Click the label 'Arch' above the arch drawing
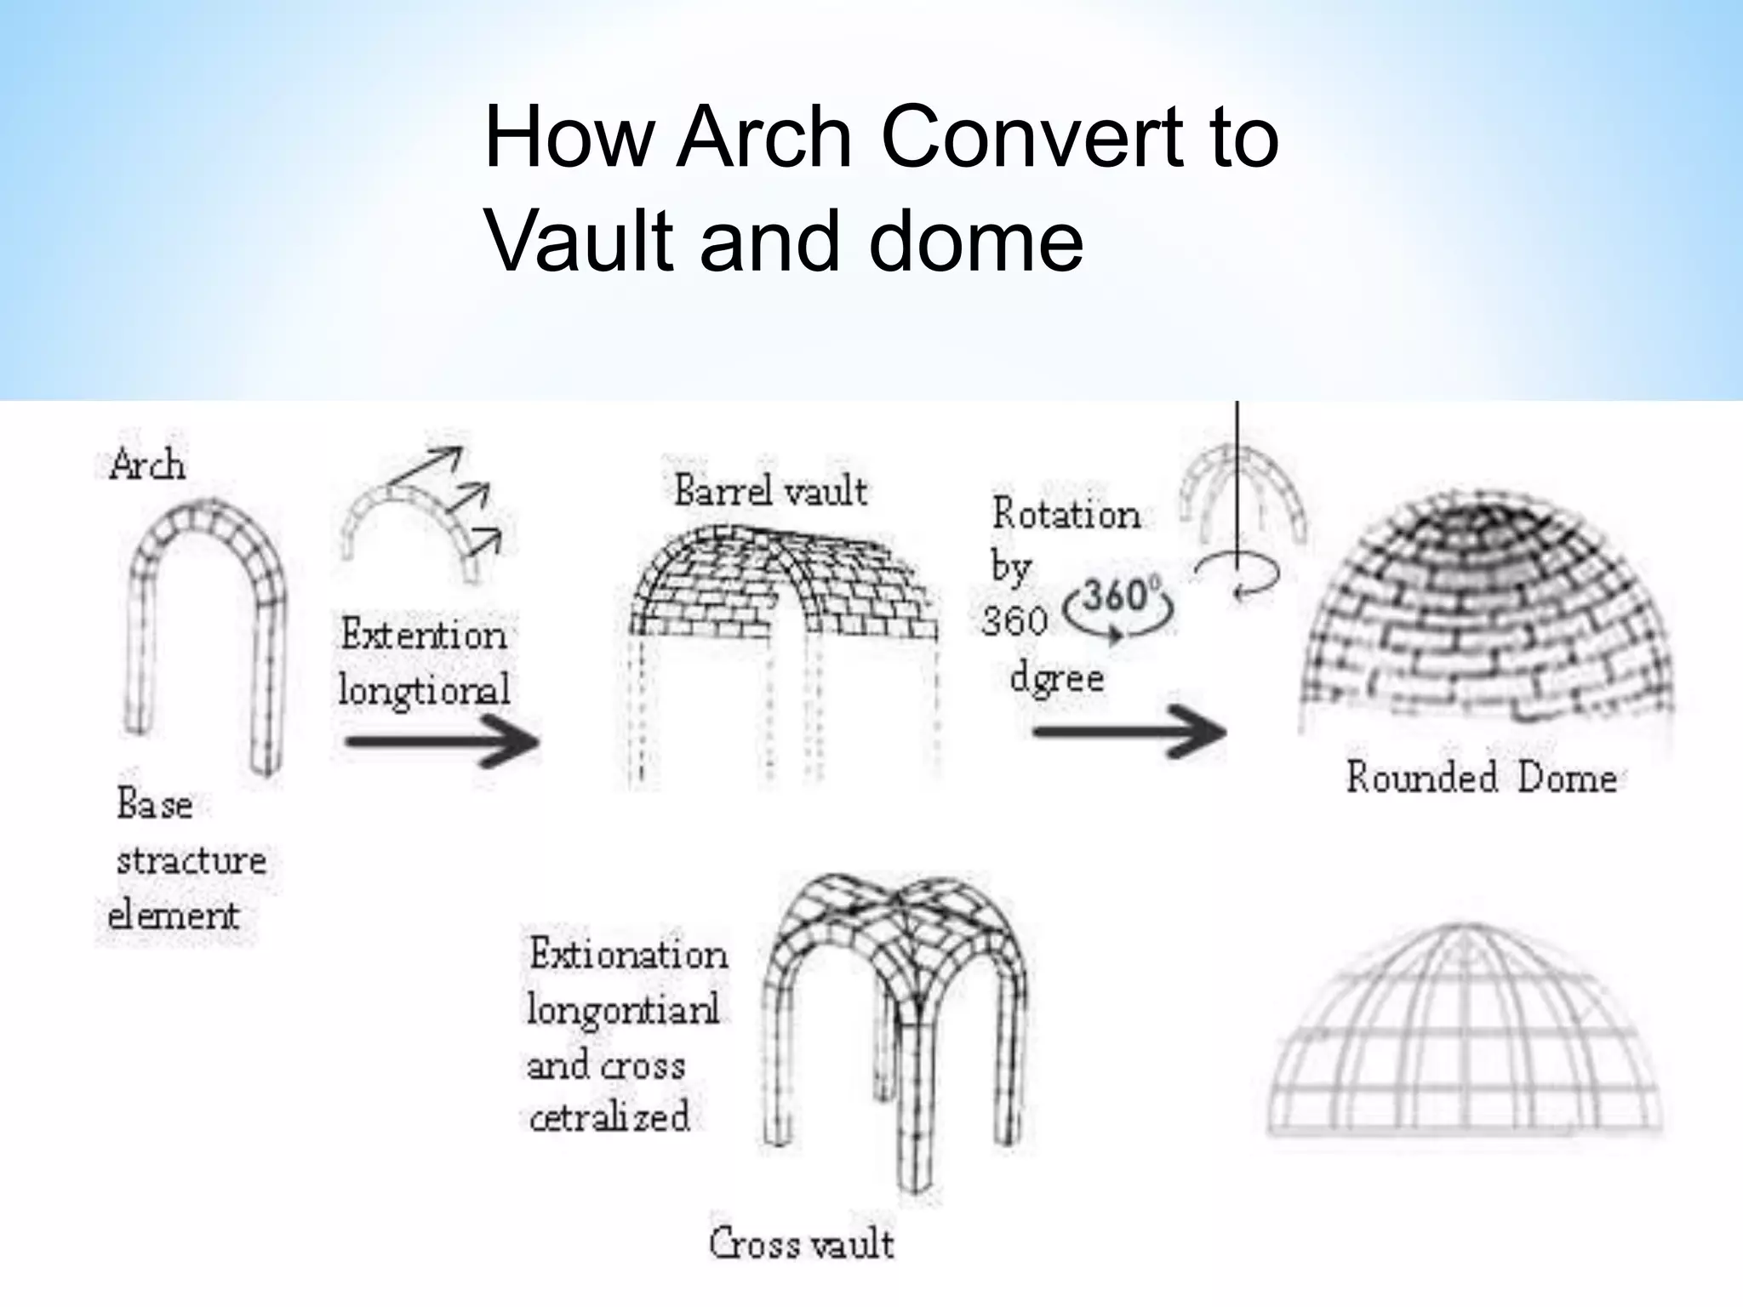(x=146, y=465)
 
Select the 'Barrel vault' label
(x=770, y=491)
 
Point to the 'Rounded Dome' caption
(x=1481, y=778)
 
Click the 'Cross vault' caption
(x=801, y=1243)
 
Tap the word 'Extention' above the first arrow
(x=423, y=635)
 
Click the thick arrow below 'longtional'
(x=442, y=741)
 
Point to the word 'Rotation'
(x=1066, y=514)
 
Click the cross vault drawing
(x=894, y=1021)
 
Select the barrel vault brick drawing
(x=779, y=587)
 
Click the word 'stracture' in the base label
(x=191, y=860)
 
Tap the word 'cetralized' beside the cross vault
(x=609, y=1116)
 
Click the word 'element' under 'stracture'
(x=174, y=916)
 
